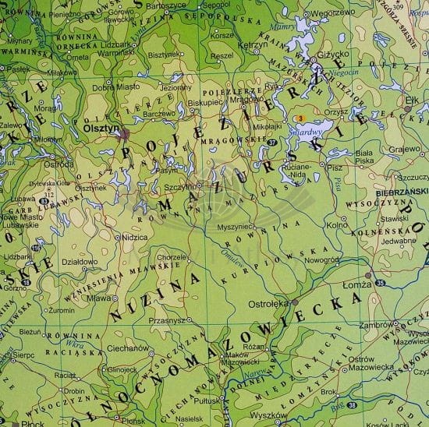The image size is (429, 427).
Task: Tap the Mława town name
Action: [x=97, y=297]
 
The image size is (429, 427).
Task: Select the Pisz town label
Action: [x=335, y=168]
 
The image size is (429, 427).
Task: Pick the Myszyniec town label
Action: [x=231, y=226]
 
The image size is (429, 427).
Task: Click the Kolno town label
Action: [x=337, y=226]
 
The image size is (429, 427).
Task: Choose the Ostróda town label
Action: [x=59, y=164]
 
